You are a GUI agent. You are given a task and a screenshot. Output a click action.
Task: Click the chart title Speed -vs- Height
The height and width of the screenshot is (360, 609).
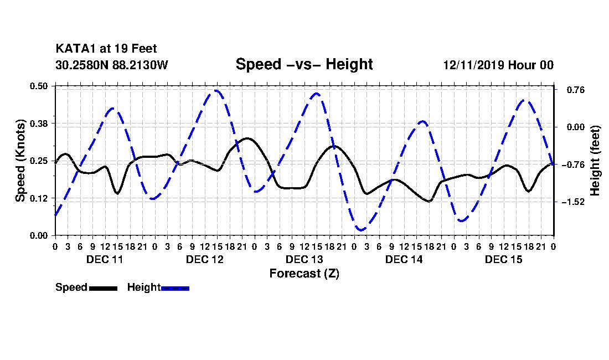pyautogui.click(x=304, y=64)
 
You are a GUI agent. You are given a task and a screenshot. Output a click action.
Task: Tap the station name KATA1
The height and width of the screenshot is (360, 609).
pyautogui.click(x=76, y=49)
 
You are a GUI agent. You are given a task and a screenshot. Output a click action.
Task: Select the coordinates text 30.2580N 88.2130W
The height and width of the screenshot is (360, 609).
pyautogui.click(x=112, y=65)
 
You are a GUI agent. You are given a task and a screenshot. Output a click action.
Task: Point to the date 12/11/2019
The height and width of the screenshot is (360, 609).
pyautogui.click(x=474, y=65)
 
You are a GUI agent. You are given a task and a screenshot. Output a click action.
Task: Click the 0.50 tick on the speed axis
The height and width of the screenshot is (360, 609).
pyautogui.click(x=38, y=86)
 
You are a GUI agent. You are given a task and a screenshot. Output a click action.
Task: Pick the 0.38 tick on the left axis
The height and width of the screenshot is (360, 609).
pyautogui.click(x=38, y=124)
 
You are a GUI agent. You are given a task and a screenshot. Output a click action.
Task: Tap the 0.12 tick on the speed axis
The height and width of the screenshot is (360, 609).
pyautogui.click(x=38, y=198)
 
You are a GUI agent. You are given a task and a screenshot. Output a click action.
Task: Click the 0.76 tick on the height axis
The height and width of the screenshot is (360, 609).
pyautogui.click(x=576, y=90)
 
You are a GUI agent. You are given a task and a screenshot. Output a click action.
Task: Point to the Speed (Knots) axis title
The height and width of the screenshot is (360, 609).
pyautogui.click(x=20, y=161)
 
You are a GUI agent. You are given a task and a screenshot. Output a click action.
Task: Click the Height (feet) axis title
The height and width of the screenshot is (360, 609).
pyautogui.click(x=595, y=161)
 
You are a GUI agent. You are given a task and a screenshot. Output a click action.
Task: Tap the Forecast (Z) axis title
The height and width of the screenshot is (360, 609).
pyautogui.click(x=304, y=274)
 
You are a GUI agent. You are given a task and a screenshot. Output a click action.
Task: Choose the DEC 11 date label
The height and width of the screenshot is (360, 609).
pyautogui.click(x=105, y=259)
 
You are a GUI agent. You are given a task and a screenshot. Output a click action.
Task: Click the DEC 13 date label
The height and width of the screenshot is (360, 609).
pyautogui.click(x=304, y=259)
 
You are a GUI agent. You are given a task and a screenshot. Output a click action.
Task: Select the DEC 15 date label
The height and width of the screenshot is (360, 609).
pyautogui.click(x=504, y=259)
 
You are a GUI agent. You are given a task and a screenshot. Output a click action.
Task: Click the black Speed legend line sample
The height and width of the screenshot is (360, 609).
pyautogui.click(x=104, y=288)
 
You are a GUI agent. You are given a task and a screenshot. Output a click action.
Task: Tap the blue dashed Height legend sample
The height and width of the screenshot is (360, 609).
pyautogui.click(x=175, y=288)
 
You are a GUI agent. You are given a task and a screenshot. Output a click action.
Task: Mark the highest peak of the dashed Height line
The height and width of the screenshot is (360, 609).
pyautogui.click(x=216, y=91)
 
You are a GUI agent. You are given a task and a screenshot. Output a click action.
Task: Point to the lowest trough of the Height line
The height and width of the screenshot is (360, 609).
pyautogui.click(x=361, y=230)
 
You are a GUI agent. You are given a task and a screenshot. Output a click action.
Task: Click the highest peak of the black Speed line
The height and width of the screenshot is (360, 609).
pyautogui.click(x=246, y=138)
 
